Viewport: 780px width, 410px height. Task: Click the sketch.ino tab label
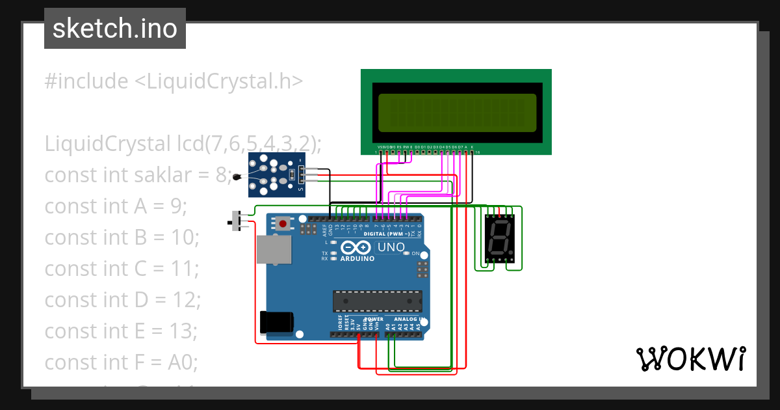(x=114, y=29)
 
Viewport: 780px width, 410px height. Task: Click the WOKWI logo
(x=690, y=359)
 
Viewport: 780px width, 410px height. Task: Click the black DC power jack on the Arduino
(x=276, y=322)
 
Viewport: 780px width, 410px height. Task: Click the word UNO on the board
(x=391, y=247)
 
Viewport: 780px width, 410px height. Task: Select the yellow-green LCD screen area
(x=457, y=111)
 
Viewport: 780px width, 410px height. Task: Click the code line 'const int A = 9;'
(x=116, y=206)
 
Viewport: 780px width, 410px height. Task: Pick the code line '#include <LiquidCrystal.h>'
(x=174, y=81)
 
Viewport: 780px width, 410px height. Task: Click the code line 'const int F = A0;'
(x=120, y=362)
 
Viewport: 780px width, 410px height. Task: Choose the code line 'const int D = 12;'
(x=122, y=299)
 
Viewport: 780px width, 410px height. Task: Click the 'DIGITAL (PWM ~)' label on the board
(x=386, y=234)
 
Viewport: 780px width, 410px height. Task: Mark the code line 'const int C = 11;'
(x=122, y=268)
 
